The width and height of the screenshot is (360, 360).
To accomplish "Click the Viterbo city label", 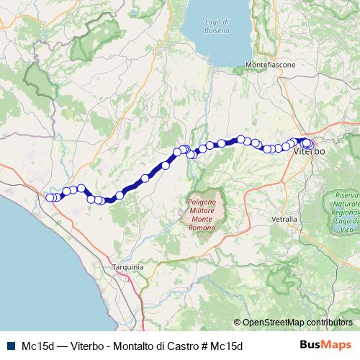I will coord(310,153).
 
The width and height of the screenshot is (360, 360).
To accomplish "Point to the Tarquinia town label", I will coord(128,266).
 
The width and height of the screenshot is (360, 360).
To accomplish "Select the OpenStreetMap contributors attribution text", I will coord(297,323).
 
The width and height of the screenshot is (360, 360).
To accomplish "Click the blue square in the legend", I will coord(10,346).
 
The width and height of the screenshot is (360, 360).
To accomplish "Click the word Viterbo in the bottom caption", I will coord(89,346).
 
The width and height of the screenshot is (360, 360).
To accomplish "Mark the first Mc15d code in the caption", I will coord(37,346).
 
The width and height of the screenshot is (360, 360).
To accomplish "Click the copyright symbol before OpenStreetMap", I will coord(237,323).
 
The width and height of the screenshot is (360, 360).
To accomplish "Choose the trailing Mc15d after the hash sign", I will coord(228,346).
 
